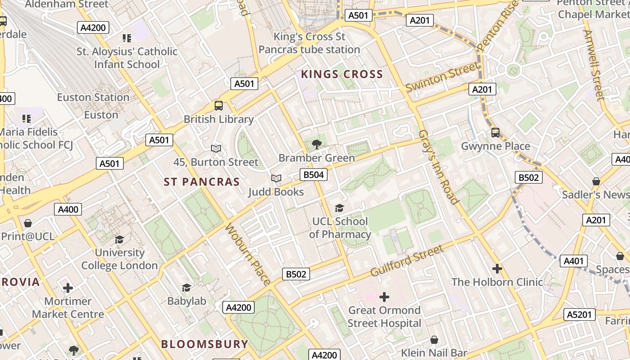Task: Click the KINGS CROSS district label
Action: coord(342,74)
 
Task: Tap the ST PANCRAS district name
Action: coord(202,182)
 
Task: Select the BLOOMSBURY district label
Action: coord(205,344)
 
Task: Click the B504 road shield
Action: coord(313,175)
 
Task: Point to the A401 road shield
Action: coord(573,261)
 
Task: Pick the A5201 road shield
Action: coord(579,315)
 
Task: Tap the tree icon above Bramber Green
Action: coord(317,144)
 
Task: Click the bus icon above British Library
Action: coord(219,106)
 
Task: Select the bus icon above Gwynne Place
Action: coord(495,133)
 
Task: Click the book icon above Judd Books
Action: coord(276,179)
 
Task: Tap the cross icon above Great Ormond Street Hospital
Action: coord(384,297)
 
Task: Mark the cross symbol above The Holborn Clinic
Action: coord(497,269)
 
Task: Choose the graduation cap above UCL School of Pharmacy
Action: coord(340,208)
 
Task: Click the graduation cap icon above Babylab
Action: coord(186,288)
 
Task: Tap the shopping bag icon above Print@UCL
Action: coord(28,223)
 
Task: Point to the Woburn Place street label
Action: coord(248,254)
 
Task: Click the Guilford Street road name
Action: coord(407,261)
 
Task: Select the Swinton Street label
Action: coord(442,77)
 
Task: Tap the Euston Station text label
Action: coord(93,97)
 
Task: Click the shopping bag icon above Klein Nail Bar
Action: coord(434,340)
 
